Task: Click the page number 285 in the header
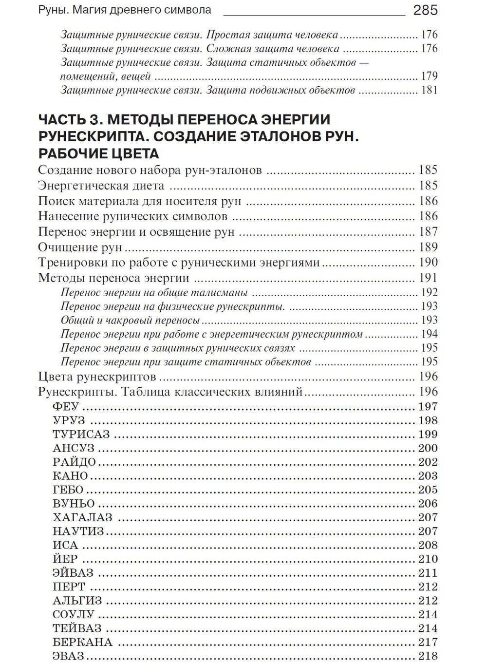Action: point(425,10)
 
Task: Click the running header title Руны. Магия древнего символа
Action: point(125,10)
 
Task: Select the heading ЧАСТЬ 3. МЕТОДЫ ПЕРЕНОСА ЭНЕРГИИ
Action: point(184,119)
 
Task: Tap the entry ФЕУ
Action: point(66,406)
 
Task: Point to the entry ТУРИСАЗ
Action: point(81,434)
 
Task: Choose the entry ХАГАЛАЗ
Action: point(82,517)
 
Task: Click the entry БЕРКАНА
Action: point(82,642)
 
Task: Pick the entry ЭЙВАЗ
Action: point(73,573)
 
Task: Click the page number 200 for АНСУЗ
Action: point(428,448)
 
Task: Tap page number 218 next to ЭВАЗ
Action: point(428,656)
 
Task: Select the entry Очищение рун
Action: point(80,247)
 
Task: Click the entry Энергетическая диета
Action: point(101,186)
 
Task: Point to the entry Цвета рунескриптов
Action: point(97,377)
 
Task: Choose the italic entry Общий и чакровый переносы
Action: point(131,320)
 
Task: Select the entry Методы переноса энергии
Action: point(113,278)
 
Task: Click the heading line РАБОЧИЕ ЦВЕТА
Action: point(98,153)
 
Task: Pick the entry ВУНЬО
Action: point(74,504)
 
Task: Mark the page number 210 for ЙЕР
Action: point(428,559)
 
